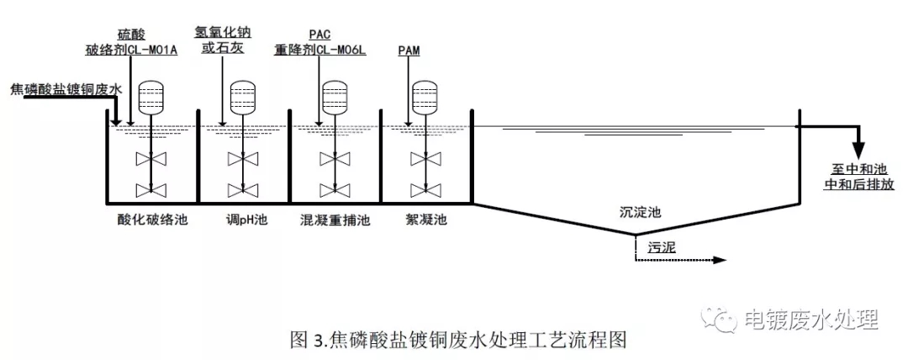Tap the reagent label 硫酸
click(132, 34)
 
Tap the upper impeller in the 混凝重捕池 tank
click(335, 158)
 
